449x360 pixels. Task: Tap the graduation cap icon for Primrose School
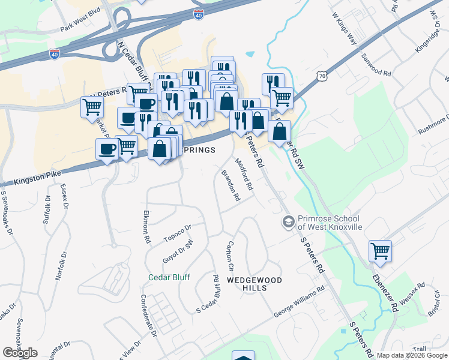click(288, 223)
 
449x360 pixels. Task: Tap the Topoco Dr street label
click(177, 235)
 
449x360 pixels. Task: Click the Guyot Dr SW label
click(177, 251)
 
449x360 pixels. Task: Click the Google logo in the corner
click(20, 353)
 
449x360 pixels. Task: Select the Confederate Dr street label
click(148, 324)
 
